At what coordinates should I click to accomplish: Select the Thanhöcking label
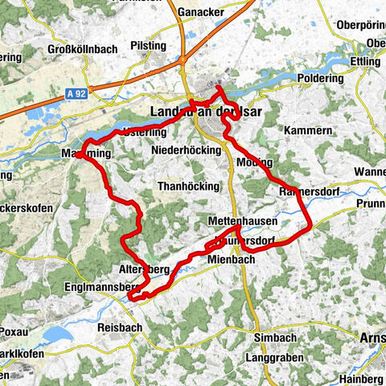click(x=188, y=186)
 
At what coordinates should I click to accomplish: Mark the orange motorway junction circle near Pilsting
click(x=184, y=60)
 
